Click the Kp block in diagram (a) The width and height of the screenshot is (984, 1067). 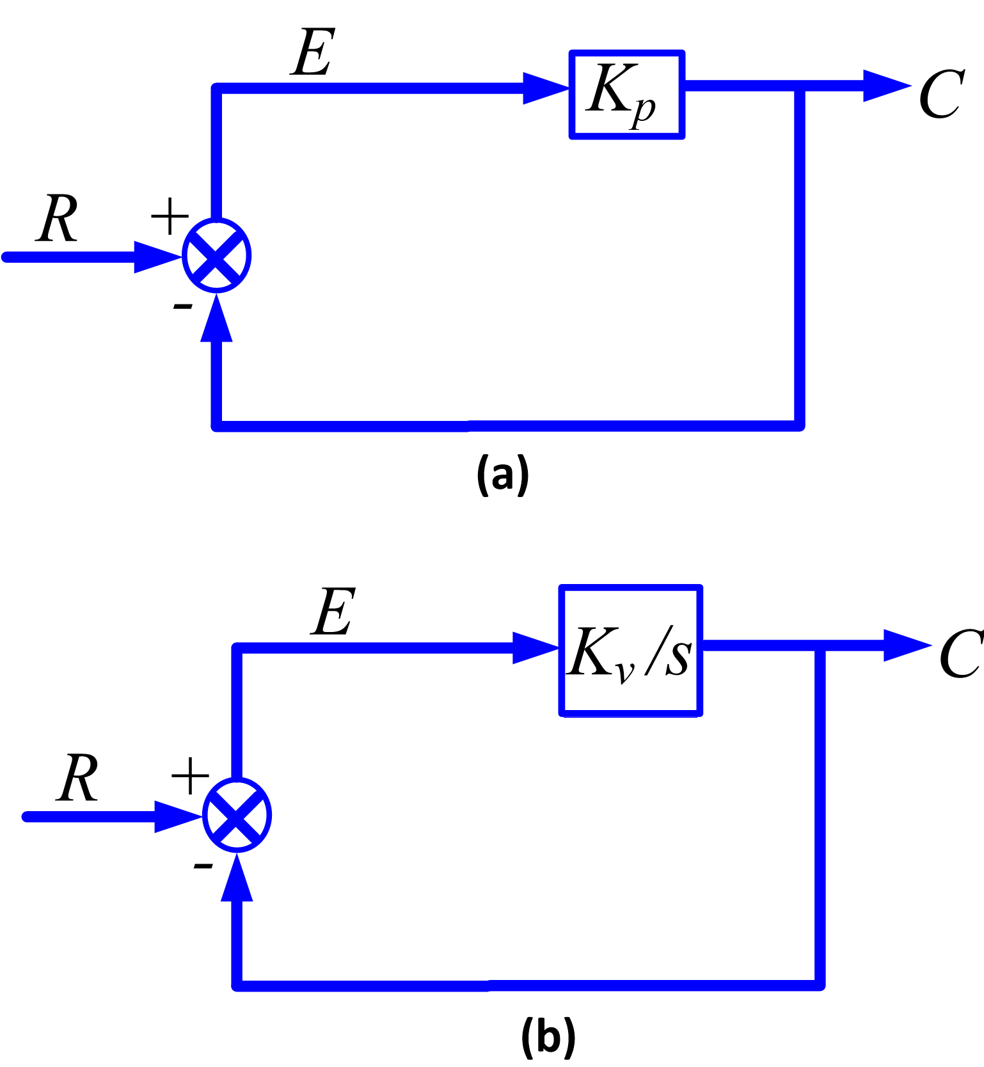[627, 95]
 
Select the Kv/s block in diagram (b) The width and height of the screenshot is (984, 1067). [631, 651]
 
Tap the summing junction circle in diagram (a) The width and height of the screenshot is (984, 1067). [217, 256]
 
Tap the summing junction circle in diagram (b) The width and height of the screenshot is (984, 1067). [237, 815]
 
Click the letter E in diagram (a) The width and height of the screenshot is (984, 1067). [313, 52]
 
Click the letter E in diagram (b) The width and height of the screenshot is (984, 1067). [333, 612]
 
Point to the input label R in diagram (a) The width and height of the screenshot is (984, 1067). [58, 219]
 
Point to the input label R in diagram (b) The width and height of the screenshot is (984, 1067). [78, 778]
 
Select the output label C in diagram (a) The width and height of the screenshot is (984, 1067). [941, 95]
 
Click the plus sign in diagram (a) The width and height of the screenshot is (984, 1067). [170, 217]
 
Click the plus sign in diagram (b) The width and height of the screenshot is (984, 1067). [190, 776]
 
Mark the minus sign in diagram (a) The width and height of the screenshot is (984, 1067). [183, 307]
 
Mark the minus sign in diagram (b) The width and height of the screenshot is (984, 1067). [203, 866]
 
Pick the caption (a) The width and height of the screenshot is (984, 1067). [503, 475]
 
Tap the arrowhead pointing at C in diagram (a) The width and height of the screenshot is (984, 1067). [885, 85]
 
